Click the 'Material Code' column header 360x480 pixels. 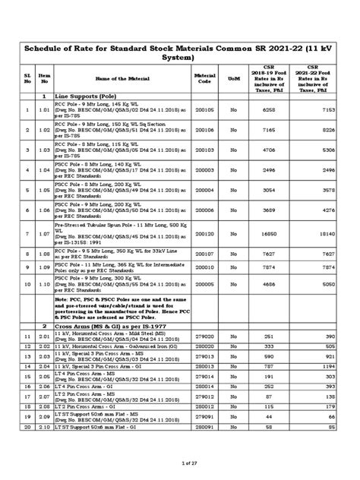click(206, 78)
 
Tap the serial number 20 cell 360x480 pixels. click(27, 427)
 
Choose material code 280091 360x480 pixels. click(206, 427)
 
